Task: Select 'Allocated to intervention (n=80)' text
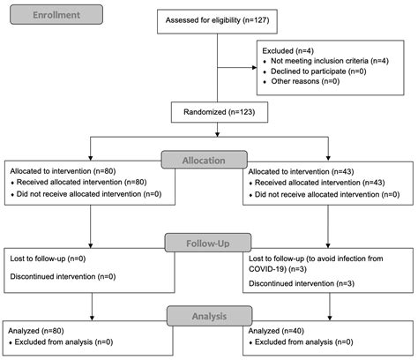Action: pyautogui.click(x=61, y=170)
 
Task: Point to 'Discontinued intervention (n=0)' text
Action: pyautogui.click(x=60, y=275)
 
